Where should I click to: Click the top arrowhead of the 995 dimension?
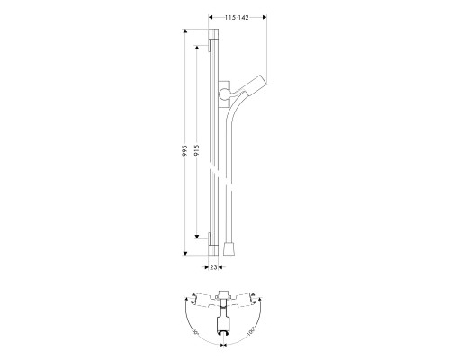[x=186, y=32]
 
